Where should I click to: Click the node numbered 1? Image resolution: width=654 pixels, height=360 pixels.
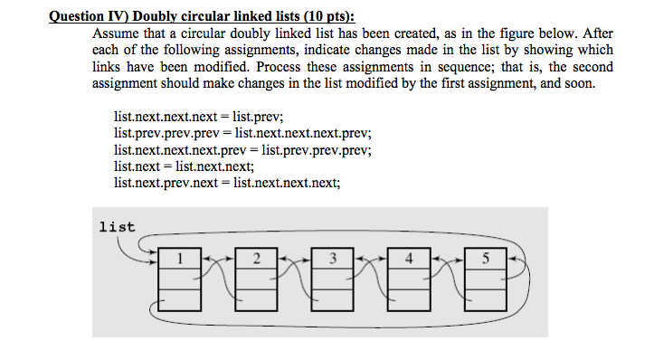click(x=181, y=279)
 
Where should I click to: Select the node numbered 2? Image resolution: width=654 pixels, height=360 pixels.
click(x=258, y=279)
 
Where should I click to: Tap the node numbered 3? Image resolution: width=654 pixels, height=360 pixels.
click(x=335, y=279)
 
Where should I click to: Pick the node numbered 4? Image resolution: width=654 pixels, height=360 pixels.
click(x=411, y=279)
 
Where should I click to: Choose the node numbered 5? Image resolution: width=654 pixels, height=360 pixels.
click(x=487, y=279)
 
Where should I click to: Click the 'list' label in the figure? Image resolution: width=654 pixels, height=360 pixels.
click(x=117, y=227)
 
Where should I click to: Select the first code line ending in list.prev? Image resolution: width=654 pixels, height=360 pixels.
click(x=199, y=118)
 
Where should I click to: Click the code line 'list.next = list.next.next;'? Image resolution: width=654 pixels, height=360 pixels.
click(x=185, y=166)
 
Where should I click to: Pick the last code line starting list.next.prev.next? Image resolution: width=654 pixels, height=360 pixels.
click(x=227, y=183)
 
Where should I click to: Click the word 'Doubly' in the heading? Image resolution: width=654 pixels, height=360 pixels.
click(x=157, y=15)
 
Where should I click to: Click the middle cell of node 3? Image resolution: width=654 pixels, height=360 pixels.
click(x=335, y=279)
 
